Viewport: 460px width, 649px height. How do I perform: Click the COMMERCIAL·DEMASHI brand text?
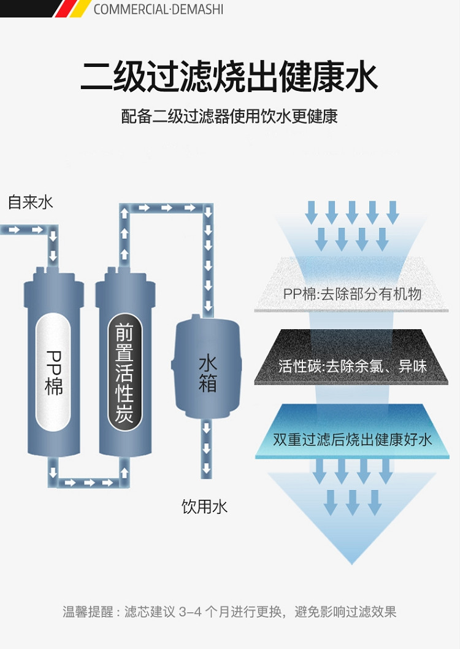158,9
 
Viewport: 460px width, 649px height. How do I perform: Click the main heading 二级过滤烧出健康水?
229,76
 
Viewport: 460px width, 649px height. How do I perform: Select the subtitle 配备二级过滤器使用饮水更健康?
229,116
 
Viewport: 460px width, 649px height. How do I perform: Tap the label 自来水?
31,202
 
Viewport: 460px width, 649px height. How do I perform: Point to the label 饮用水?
204,507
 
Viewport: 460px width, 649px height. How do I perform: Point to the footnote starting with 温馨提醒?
229,612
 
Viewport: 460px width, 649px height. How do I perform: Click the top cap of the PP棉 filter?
54,272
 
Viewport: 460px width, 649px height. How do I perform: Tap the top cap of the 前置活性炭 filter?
125,272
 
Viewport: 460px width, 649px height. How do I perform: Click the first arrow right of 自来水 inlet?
14,230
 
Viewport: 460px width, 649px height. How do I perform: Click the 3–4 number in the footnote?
190,612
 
